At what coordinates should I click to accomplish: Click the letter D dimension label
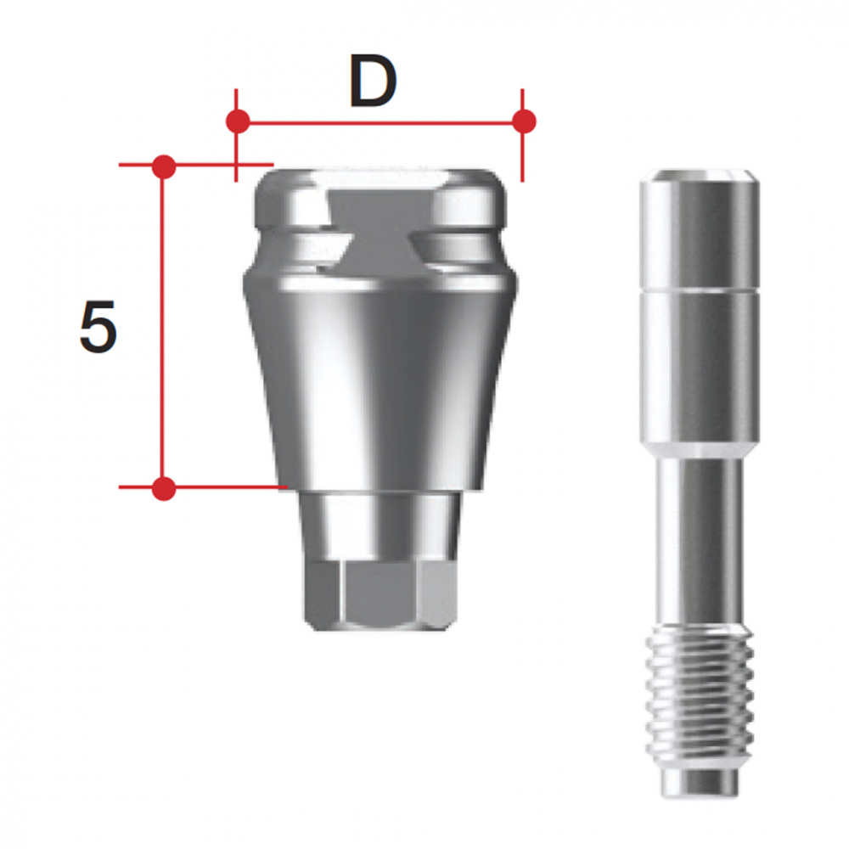click(x=372, y=84)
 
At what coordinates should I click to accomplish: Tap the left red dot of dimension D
click(x=238, y=121)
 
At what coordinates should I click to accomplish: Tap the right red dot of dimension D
click(x=525, y=121)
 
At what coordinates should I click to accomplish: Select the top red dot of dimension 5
click(x=164, y=166)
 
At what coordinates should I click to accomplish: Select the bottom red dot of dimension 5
click(x=164, y=488)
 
